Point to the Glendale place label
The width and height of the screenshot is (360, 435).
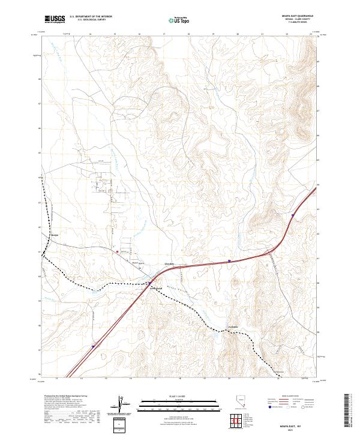pos(169,265)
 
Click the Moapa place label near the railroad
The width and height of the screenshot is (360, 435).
pos(55,235)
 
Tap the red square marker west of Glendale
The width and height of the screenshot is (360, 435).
pos(118,252)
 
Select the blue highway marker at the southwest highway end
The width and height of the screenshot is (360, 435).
pos(93,346)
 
